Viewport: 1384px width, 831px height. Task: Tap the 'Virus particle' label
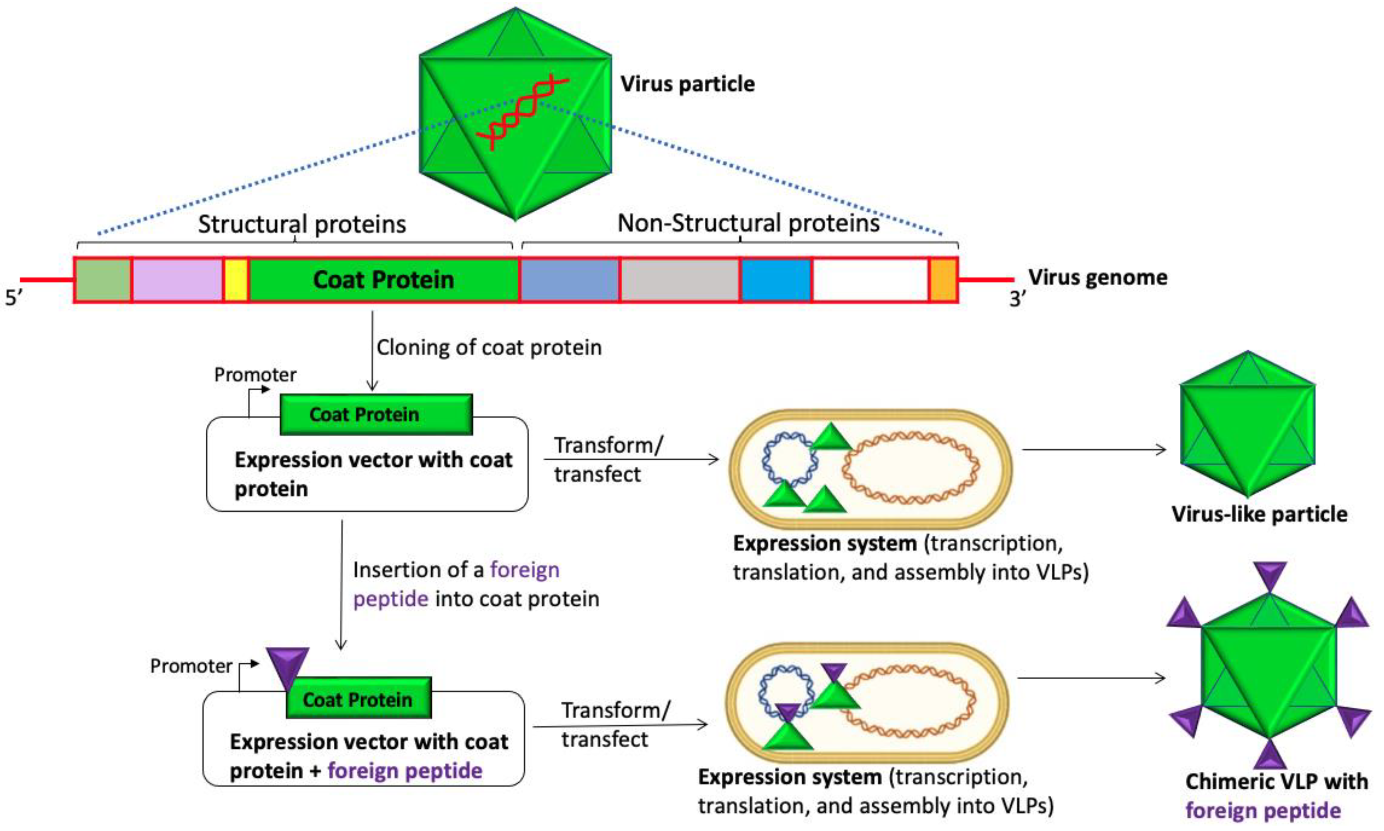click(687, 84)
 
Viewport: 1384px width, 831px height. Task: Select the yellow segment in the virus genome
click(236, 280)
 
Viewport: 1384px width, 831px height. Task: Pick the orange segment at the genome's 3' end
click(943, 280)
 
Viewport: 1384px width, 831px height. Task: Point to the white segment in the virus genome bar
click(869, 280)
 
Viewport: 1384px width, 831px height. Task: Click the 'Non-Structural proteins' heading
click(748, 224)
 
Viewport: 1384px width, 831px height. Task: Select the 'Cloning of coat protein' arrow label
click(489, 348)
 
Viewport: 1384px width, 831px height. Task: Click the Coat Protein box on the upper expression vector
click(376, 414)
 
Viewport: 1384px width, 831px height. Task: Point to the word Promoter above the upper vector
click(255, 375)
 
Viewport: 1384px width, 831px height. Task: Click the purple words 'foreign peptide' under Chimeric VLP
click(1263, 810)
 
